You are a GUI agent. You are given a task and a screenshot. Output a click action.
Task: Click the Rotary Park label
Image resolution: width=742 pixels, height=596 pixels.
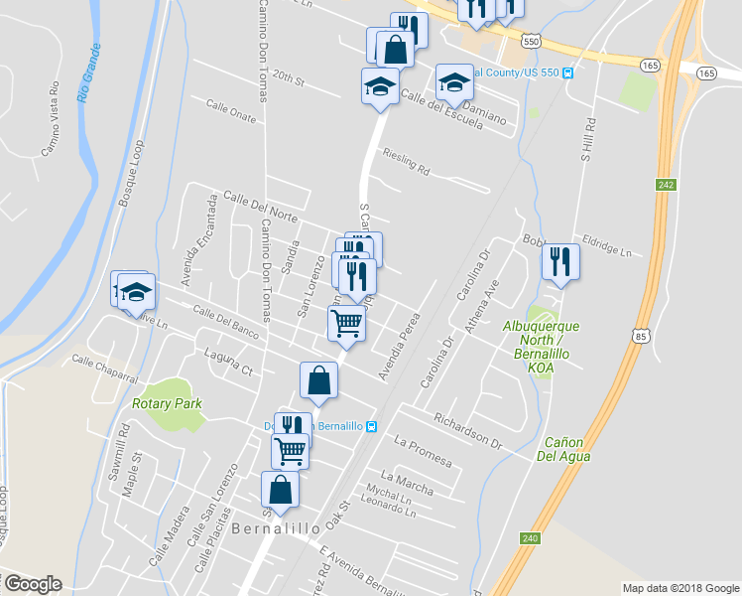167,403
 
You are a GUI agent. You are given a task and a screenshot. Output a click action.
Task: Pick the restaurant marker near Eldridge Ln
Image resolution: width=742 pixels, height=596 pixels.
560,261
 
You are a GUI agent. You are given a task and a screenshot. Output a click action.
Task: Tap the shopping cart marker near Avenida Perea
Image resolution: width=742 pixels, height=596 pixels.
346,322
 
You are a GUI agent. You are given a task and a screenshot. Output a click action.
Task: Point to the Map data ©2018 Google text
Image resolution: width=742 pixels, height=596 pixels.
680,588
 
